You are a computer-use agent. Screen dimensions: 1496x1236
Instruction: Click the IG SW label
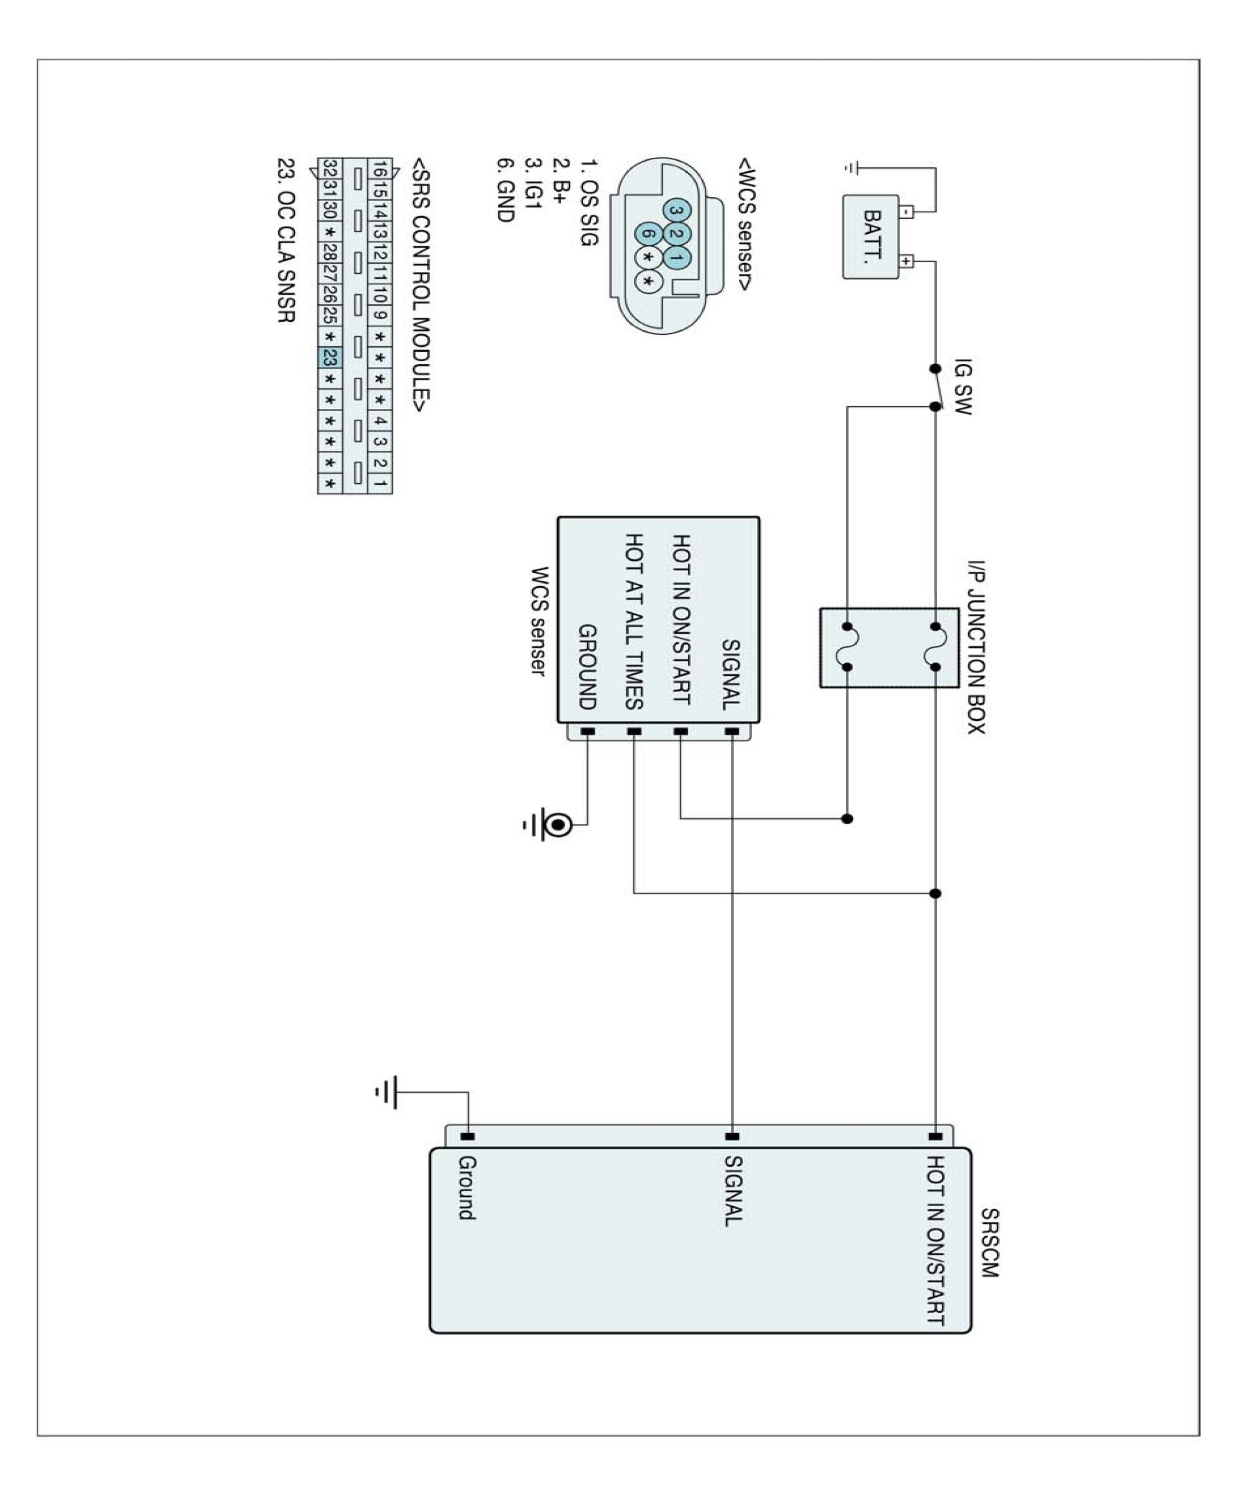point(963,386)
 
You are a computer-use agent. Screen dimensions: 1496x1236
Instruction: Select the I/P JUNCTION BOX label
point(975,648)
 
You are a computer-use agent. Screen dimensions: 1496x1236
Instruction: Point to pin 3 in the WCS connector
point(676,210)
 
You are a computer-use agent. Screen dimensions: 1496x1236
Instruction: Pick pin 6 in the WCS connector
point(648,233)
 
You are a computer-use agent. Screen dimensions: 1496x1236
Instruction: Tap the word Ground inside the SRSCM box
point(466,1188)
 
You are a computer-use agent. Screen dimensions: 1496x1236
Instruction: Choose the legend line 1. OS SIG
point(588,202)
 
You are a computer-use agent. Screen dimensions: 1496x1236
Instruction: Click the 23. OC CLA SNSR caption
point(285,240)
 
